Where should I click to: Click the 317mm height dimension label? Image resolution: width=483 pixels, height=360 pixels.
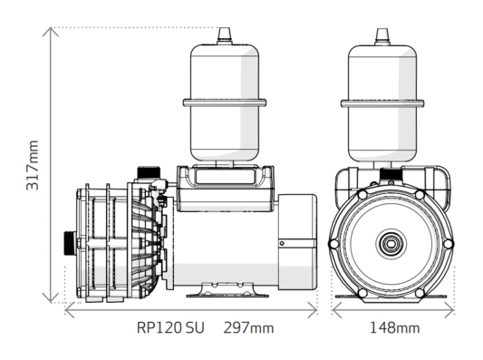(x=33, y=163)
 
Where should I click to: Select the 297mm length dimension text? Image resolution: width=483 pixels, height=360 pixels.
(x=248, y=327)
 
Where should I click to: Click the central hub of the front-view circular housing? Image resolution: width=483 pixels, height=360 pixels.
(x=391, y=244)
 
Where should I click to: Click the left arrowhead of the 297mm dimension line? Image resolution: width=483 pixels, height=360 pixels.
(x=68, y=309)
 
